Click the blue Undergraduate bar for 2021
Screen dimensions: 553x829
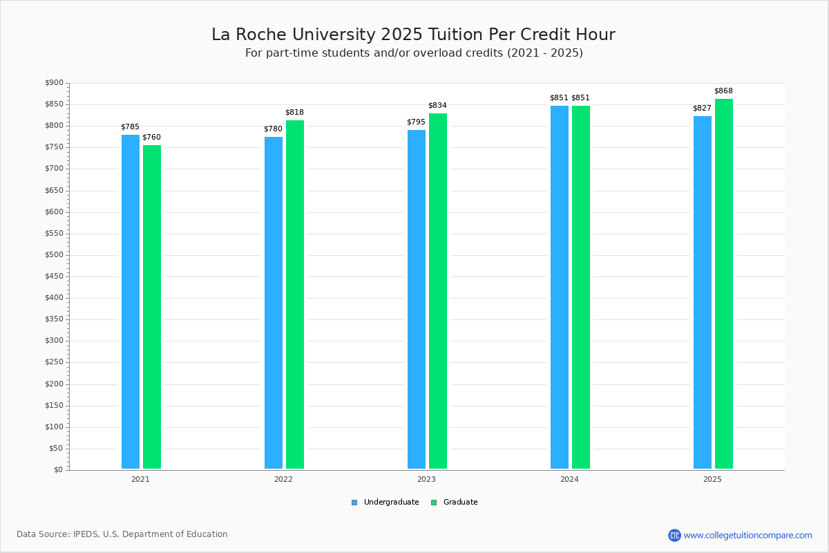[x=131, y=301]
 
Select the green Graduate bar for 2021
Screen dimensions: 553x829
[x=152, y=307]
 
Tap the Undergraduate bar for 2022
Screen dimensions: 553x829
[x=274, y=303]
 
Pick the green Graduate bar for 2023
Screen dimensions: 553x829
[x=438, y=291]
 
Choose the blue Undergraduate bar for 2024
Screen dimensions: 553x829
[x=560, y=287]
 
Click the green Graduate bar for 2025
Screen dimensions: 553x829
[x=724, y=283]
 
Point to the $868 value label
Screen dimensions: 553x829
[x=723, y=91]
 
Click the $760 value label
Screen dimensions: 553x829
[x=151, y=138]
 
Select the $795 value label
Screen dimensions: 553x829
[x=416, y=122]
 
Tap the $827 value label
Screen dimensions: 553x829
[x=702, y=109]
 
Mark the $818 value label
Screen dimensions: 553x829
[x=294, y=113]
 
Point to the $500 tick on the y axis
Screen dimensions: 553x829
[x=54, y=255]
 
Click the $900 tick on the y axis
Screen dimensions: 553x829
[x=54, y=83]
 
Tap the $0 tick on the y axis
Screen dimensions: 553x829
[x=57, y=470]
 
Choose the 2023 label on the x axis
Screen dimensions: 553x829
[x=426, y=479]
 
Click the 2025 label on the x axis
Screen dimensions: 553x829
[x=712, y=479]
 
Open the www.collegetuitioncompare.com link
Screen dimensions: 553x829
[x=747, y=535]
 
